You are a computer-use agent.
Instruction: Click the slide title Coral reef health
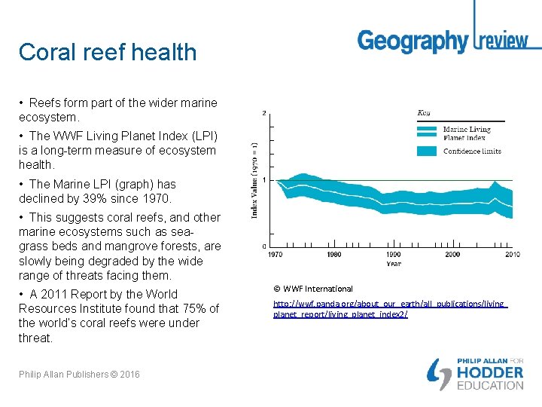point(108,52)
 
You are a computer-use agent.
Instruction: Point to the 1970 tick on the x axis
point(276,255)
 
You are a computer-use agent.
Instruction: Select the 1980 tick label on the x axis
point(334,255)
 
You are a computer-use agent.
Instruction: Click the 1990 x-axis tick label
point(393,255)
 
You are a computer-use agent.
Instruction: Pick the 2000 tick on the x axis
point(452,255)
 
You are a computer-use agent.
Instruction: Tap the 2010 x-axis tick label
point(511,255)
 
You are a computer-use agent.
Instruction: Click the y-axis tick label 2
point(263,113)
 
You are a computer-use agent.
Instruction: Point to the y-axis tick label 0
point(263,246)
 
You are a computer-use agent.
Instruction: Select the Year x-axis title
point(393,264)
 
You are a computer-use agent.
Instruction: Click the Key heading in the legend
point(424,113)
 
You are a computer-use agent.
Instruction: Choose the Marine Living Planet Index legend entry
point(467,133)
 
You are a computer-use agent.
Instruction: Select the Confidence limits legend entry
point(472,151)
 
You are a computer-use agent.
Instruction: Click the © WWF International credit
point(313,289)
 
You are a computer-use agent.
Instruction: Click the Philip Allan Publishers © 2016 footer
point(79,375)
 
